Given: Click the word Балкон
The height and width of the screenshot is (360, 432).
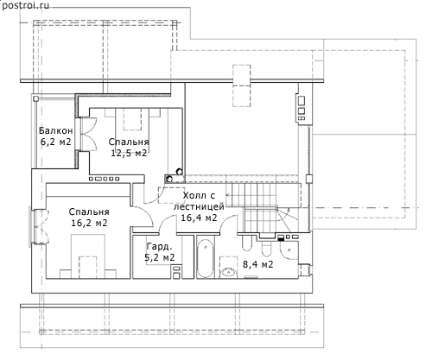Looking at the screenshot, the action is tap(56, 131).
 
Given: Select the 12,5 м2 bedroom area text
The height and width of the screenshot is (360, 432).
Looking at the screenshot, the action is tap(129, 153).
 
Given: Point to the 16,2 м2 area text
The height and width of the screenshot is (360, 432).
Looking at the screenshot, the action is tap(89, 223).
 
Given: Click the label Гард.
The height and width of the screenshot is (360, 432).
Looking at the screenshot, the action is tap(160, 247).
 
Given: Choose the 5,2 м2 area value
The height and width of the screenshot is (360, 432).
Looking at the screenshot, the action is tap(160, 257).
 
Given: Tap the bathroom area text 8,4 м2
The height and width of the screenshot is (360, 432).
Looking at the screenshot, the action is tap(258, 264).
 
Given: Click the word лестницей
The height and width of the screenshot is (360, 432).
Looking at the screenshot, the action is tap(199, 207).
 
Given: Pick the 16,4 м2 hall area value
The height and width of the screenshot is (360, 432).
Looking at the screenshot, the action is tap(199, 218).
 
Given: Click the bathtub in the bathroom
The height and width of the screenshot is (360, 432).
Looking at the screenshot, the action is tap(205, 260).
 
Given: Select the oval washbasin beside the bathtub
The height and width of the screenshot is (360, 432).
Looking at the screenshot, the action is tap(229, 272).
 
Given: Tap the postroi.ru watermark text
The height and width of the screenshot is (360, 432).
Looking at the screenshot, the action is tap(25, 5).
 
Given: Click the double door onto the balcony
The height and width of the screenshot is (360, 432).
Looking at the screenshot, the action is tap(87, 134).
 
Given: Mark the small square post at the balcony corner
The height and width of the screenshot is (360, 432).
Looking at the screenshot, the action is tap(35, 99).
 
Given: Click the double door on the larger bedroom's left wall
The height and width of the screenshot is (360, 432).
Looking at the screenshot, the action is tap(41, 227).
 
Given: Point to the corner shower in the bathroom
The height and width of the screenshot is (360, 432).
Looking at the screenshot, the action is tap(289, 250).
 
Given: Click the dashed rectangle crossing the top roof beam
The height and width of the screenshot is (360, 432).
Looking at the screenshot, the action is tap(242, 85).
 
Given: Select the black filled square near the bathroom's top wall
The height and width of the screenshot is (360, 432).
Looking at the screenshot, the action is tap(281, 237).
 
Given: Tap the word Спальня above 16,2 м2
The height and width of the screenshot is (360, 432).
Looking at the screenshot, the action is tap(89, 212).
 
